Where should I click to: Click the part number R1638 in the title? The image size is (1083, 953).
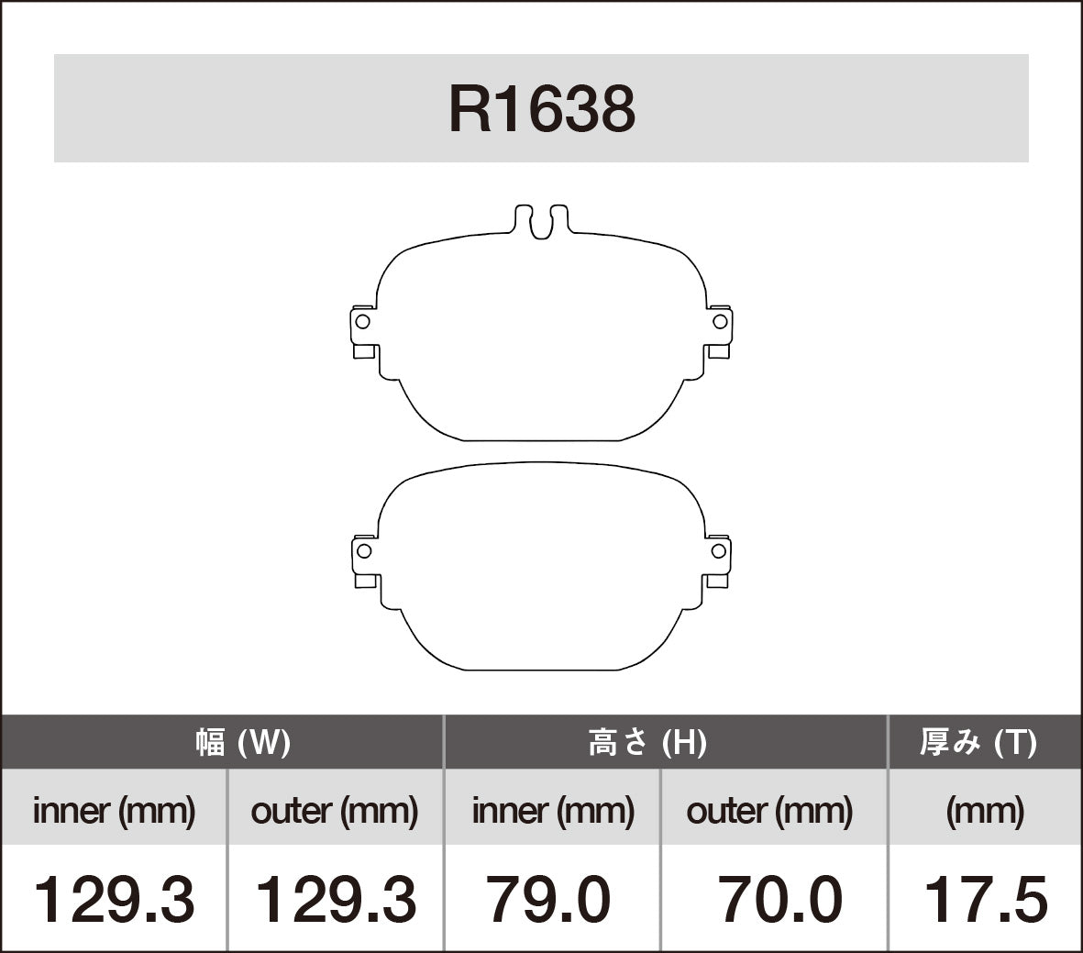[x=541, y=109]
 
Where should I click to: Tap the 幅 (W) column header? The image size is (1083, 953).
[x=243, y=741]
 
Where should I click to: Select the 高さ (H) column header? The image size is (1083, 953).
[x=647, y=741]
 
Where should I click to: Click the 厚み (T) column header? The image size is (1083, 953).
[x=978, y=741]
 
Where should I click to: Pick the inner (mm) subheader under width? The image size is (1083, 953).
[x=114, y=810]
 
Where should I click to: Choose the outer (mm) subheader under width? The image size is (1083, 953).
[x=335, y=810]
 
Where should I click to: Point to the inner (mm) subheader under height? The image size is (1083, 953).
[x=553, y=810]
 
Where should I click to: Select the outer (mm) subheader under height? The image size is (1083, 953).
[x=769, y=810]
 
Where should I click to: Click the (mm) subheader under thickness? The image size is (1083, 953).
[x=985, y=810]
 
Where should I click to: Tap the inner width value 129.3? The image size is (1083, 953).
[x=114, y=899]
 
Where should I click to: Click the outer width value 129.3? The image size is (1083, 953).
[x=335, y=899]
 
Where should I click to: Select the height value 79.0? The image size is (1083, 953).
[x=548, y=899]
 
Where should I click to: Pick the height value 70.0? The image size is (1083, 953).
[x=779, y=899]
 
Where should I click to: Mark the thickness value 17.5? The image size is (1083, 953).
[x=985, y=899]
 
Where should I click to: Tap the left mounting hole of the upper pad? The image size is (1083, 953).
[x=362, y=322]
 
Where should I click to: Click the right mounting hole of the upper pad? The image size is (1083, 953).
[x=720, y=322]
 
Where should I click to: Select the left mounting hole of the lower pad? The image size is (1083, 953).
[x=363, y=551]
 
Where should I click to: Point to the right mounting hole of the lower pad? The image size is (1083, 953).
[x=720, y=551]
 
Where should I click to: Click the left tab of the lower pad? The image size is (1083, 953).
[x=365, y=560]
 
